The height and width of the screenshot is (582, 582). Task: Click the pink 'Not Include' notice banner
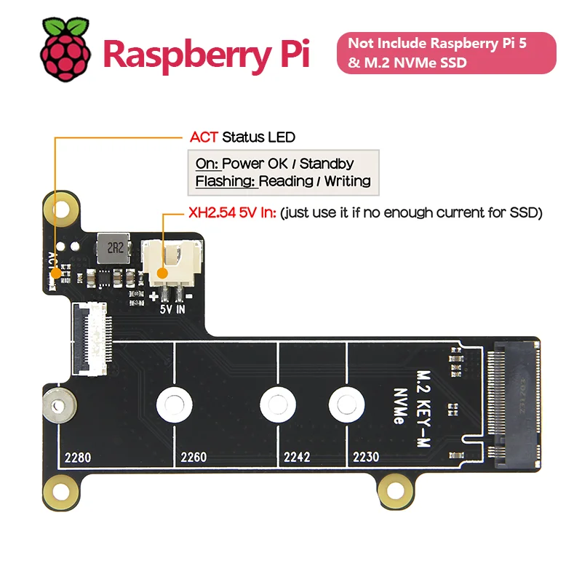point(446,52)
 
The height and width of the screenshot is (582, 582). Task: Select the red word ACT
point(204,137)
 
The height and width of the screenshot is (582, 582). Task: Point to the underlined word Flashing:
point(226,181)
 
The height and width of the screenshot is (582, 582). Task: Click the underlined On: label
point(207,163)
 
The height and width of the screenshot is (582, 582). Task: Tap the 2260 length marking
point(194,458)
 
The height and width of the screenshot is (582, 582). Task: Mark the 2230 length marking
point(366,458)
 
